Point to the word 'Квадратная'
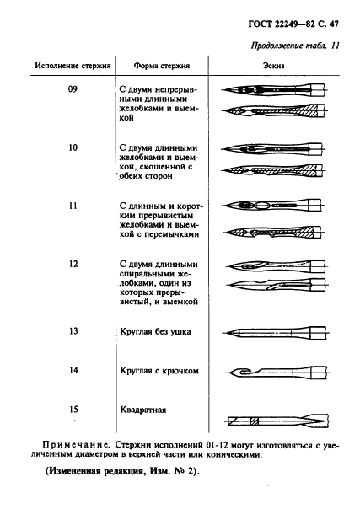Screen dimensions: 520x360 click(143, 410)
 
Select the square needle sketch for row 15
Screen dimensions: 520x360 click(274, 420)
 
